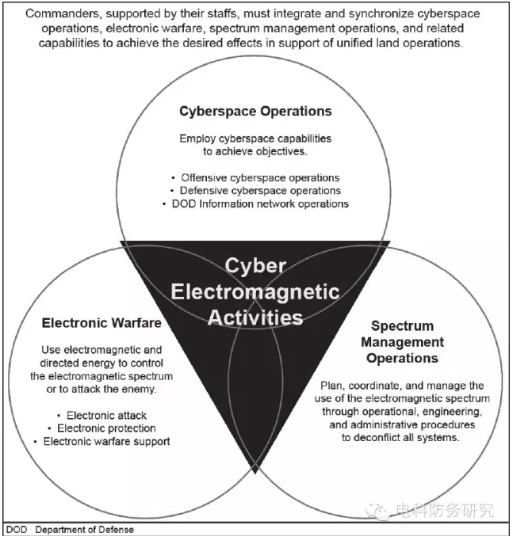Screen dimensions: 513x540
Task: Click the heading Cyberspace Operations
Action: point(255,111)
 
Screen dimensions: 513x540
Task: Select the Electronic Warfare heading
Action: point(101,323)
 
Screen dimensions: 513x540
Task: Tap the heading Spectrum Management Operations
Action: point(402,342)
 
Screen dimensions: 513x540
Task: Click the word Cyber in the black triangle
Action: point(255,266)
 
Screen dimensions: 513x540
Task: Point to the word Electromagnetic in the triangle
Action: point(255,291)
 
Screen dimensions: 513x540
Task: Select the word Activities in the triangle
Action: point(255,318)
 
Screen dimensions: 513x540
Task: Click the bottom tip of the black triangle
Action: point(255,473)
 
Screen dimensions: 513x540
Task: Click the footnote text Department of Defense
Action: point(85,530)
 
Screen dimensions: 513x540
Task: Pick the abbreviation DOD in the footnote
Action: point(17,530)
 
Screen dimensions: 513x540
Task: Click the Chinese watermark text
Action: point(445,511)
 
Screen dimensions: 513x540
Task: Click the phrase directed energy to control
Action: point(101,363)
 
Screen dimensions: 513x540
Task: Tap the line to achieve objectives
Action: point(255,151)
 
